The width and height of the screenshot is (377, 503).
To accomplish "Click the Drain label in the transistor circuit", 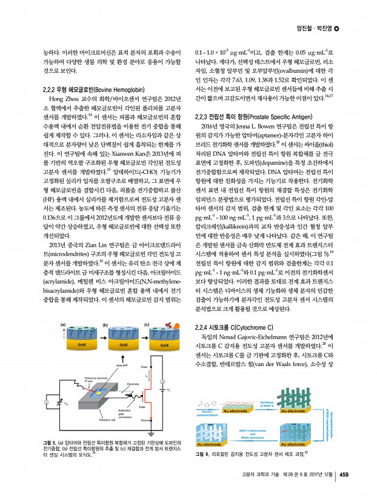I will point(144,367).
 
